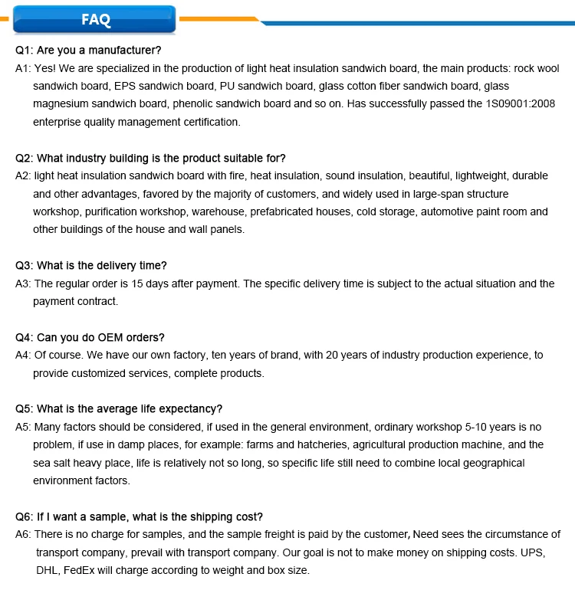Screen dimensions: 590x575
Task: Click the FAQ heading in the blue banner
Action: (96, 20)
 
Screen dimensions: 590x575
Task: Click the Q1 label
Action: (24, 51)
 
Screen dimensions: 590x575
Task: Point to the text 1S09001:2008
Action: (522, 104)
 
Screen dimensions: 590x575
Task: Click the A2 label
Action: (24, 175)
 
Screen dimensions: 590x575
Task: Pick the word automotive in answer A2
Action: (452, 211)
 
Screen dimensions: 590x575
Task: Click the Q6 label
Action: (24, 516)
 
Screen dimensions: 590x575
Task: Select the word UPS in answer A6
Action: (534, 552)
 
